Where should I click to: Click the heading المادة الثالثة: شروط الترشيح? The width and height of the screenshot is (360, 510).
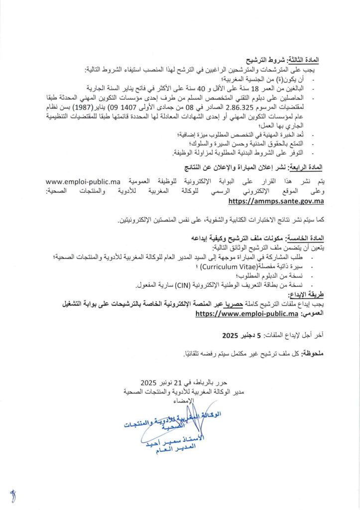291,59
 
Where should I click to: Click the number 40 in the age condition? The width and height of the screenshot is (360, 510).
190,87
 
